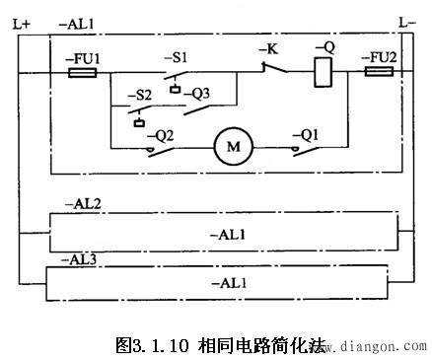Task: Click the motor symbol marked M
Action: point(233,148)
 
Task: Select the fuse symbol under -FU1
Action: point(81,73)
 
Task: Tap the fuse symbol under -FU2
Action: point(379,73)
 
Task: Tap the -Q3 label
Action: point(198,95)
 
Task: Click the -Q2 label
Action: point(162,134)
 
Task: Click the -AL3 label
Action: point(80,258)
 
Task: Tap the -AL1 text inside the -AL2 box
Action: point(229,235)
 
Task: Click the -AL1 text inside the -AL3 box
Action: point(229,283)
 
